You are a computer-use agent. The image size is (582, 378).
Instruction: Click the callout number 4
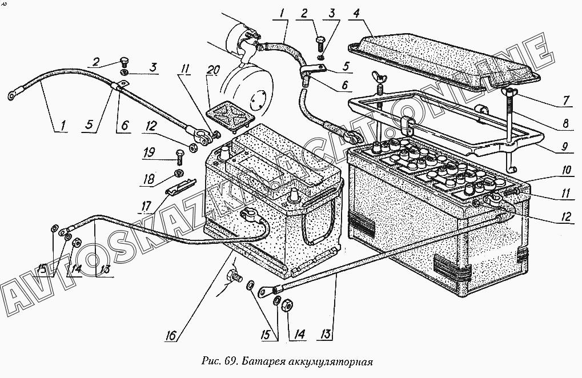356,13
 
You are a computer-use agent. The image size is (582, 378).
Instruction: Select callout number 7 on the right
566,100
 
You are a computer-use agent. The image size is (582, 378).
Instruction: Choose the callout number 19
148,152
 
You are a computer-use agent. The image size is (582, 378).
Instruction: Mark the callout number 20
214,71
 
